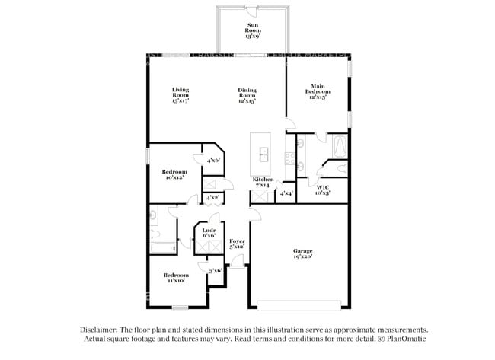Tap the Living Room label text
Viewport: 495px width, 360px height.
[180, 94]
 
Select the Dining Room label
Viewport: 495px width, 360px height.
[246, 94]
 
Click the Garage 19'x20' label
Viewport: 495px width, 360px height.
[303, 254]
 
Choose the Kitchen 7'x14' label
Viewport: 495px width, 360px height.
[263, 182]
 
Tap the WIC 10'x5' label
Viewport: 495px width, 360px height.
[323, 190]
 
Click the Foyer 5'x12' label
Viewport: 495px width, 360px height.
[237, 244]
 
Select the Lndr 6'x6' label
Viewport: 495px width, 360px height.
[209, 233]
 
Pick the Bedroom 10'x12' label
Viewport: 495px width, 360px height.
[174, 175]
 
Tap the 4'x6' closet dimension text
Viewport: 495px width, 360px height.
[213, 160]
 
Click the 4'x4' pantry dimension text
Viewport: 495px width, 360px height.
[286, 194]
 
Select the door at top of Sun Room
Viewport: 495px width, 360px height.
[251, 9]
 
